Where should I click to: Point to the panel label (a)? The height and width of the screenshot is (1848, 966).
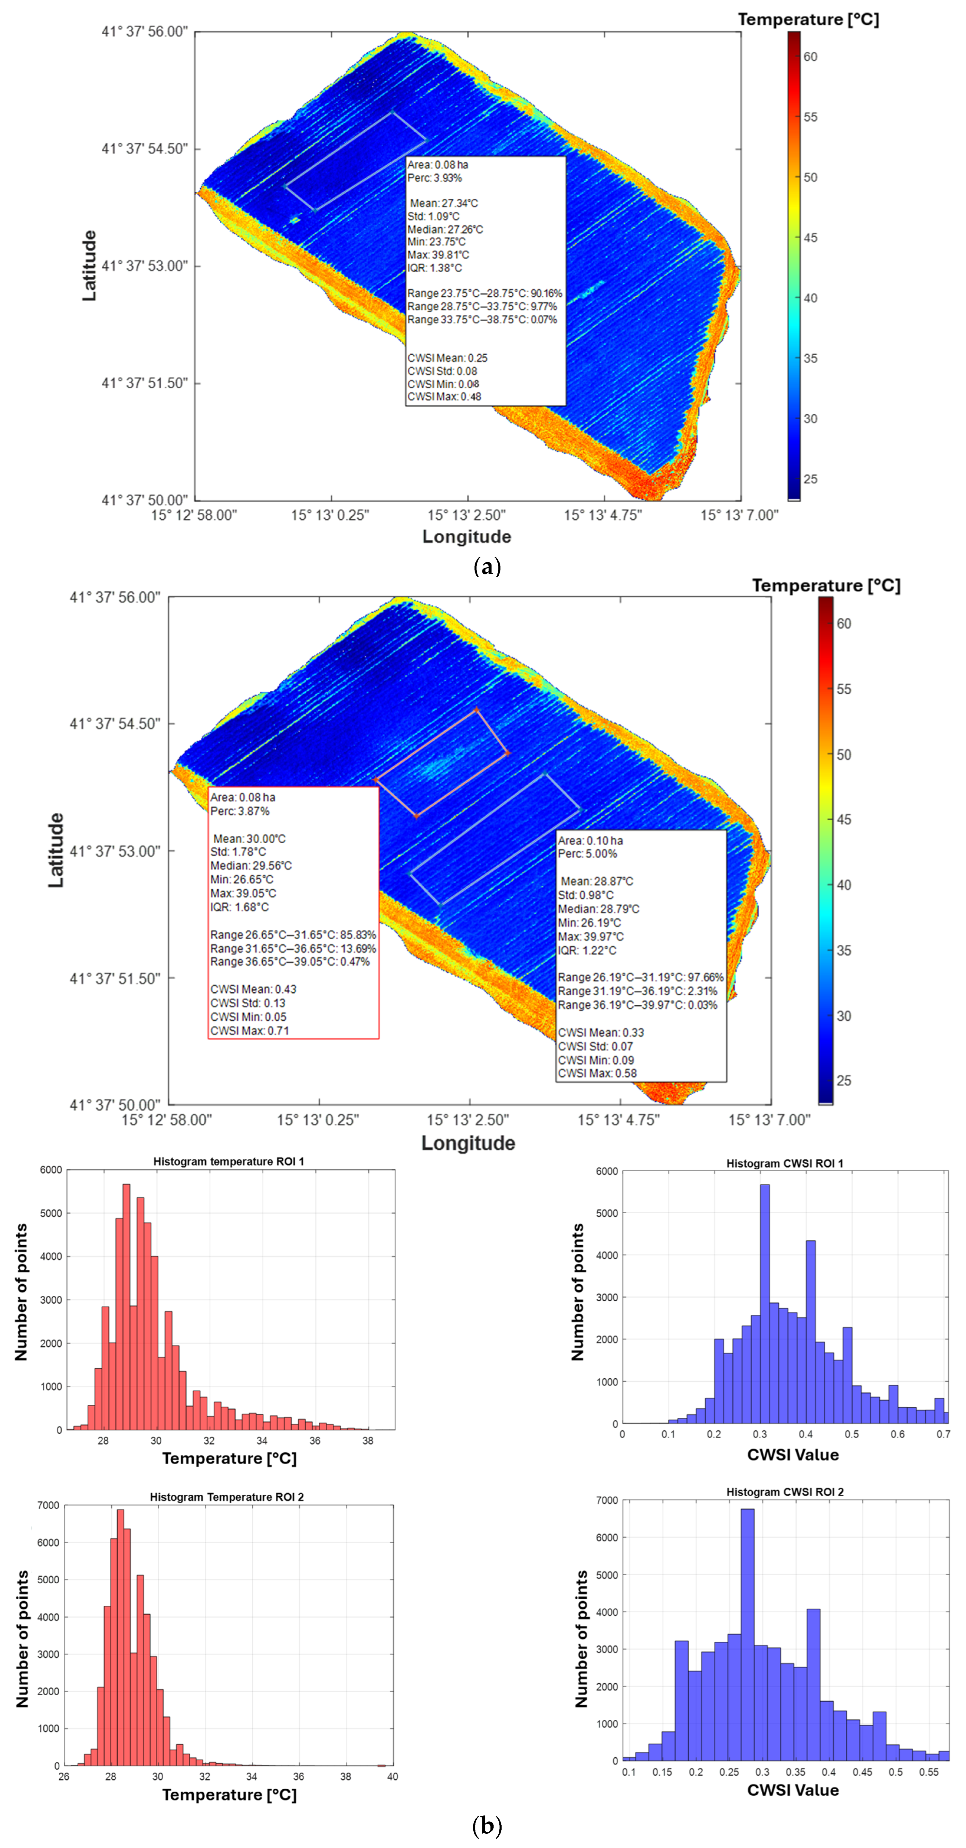[488, 567]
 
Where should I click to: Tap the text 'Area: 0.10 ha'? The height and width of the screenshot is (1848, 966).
[590, 840]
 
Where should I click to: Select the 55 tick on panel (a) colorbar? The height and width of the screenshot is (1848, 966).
[810, 117]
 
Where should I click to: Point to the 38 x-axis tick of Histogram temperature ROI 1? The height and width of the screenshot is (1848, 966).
[368, 1441]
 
